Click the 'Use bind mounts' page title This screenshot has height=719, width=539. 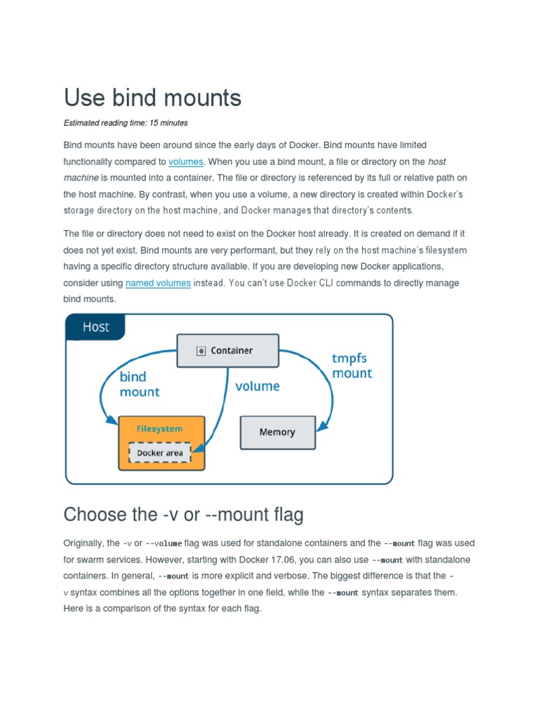(x=152, y=98)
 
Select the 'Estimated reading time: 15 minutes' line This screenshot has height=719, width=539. (x=126, y=123)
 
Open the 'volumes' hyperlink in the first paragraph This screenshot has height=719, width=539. (x=186, y=161)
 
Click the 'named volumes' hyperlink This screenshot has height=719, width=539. (x=158, y=283)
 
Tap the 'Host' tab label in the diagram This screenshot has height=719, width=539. (x=95, y=326)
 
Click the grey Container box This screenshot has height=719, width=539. (x=227, y=350)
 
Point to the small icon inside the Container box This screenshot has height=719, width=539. (x=201, y=350)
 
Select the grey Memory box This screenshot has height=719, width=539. (x=277, y=432)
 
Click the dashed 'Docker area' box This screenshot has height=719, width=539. (x=159, y=453)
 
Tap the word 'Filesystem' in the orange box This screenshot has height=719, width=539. (x=159, y=428)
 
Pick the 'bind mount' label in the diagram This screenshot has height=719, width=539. (x=139, y=384)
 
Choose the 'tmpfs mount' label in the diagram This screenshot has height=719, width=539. (x=352, y=366)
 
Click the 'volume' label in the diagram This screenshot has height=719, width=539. (x=257, y=386)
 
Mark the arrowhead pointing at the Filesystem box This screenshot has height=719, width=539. (x=112, y=421)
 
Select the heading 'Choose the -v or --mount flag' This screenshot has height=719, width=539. (x=183, y=515)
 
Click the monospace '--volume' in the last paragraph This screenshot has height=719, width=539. (x=164, y=543)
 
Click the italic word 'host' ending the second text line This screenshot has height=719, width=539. (x=437, y=161)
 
